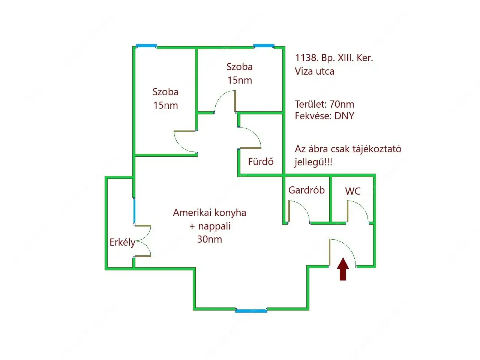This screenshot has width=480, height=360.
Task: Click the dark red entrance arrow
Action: (x=343, y=269)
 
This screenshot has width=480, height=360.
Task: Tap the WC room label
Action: (x=352, y=191)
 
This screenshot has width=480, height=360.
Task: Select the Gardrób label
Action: (x=306, y=190)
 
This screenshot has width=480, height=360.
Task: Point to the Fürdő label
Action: (x=261, y=162)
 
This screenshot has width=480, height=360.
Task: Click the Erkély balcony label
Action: (x=122, y=242)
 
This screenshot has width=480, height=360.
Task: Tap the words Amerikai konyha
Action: (x=210, y=213)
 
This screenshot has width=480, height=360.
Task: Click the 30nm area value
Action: (x=210, y=239)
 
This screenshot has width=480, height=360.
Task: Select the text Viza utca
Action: (x=314, y=71)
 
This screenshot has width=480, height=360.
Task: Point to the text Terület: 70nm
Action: (x=324, y=104)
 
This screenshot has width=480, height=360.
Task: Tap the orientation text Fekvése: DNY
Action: (x=324, y=116)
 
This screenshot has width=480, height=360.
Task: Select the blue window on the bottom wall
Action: (x=251, y=310)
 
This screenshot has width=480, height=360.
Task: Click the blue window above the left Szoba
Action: (x=146, y=46)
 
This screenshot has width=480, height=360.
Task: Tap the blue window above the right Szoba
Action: (x=264, y=46)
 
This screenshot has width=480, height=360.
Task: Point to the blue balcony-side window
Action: (x=134, y=211)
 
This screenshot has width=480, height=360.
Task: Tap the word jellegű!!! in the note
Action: (x=313, y=162)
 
